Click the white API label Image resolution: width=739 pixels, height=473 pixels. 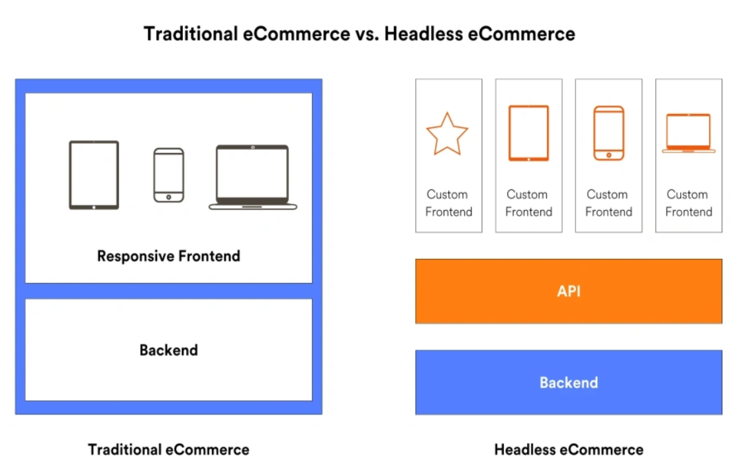tap(569, 291)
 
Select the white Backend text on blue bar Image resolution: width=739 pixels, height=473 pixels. tap(569, 382)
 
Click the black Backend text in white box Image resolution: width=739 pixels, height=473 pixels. tap(169, 350)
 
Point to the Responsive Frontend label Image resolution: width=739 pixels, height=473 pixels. tap(169, 256)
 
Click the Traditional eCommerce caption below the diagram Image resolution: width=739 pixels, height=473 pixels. tap(169, 449)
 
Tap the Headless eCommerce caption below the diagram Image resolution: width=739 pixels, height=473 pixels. tap(569, 449)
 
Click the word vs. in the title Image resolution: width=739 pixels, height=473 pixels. tap(367, 34)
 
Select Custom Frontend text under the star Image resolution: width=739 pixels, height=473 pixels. tap(448, 203)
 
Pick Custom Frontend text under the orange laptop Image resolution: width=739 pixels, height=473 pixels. tap(689, 203)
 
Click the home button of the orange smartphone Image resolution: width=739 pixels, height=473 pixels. tap(609, 155)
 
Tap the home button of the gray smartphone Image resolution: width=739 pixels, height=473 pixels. tap(169, 197)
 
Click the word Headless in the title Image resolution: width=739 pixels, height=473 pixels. tap(424, 34)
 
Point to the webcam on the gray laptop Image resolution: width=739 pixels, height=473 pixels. tap(252, 148)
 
